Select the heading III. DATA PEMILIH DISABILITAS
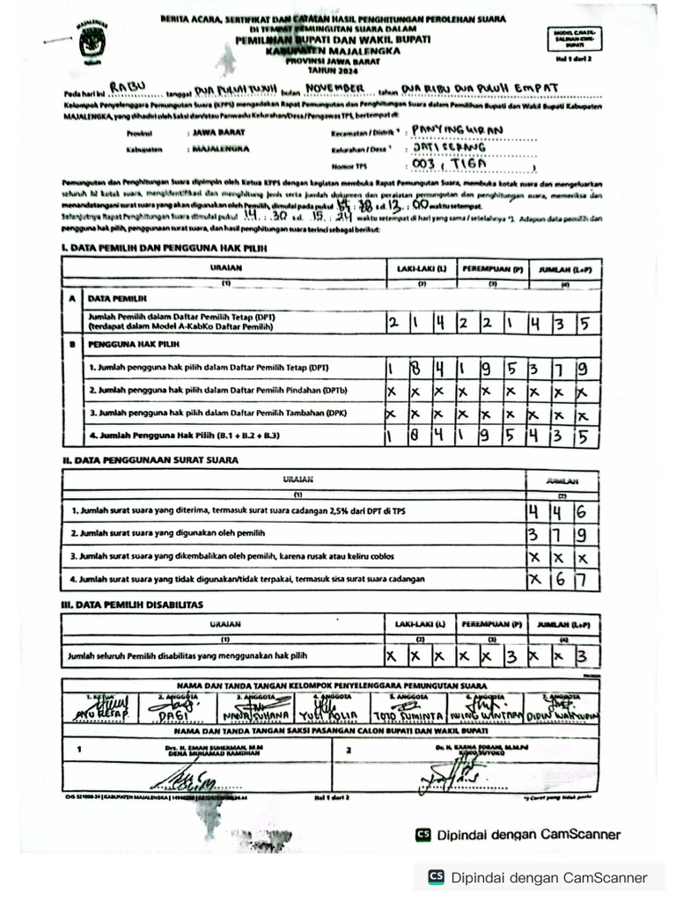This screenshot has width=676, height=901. click(x=132, y=604)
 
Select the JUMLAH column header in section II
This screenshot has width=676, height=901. click(x=562, y=481)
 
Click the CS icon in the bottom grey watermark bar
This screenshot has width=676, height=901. click(x=436, y=877)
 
